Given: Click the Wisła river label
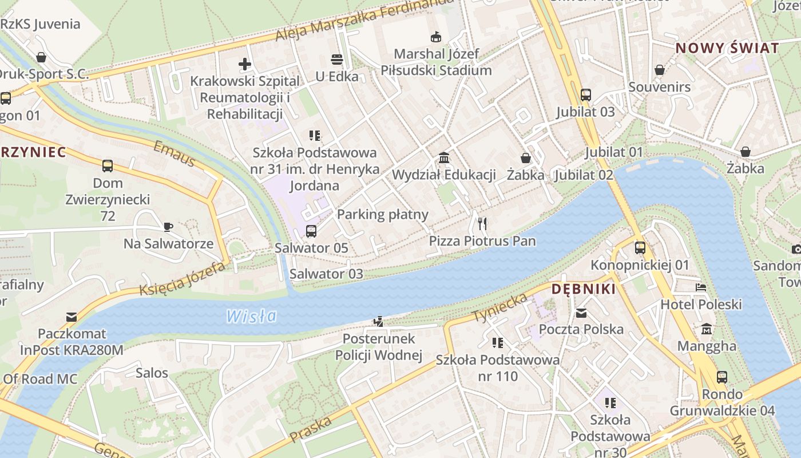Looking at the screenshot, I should click(251, 316).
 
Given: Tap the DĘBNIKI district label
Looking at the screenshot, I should click(583, 289).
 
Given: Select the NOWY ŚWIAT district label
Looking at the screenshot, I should click(727, 48).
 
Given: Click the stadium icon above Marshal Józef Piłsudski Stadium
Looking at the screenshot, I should click(435, 37).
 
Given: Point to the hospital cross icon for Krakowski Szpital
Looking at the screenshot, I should click(245, 64).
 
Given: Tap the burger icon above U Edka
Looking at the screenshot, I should click(336, 59).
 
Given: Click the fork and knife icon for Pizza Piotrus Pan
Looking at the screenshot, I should click(482, 223).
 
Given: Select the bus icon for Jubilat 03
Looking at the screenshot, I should click(585, 94).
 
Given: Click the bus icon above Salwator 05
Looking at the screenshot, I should click(311, 231).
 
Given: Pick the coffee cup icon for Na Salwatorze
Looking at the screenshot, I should click(168, 227).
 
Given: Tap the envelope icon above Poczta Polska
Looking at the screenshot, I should click(581, 313).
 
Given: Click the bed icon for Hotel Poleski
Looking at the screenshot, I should click(701, 287).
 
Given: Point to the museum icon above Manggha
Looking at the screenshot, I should click(707, 329).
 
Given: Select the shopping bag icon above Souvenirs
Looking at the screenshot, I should click(659, 70).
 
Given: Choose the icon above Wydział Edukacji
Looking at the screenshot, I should click(444, 157).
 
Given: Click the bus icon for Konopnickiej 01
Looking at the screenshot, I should click(640, 248).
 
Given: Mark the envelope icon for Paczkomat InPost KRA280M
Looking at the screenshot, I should click(72, 317).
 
